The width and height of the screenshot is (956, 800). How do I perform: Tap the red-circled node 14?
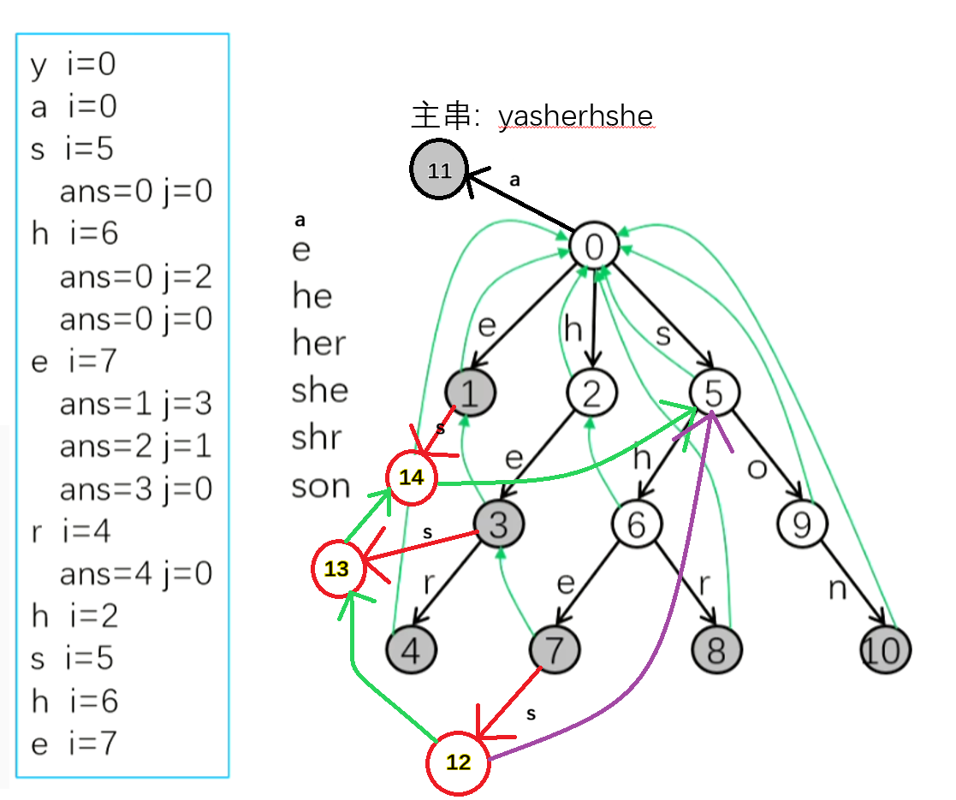pos(412,478)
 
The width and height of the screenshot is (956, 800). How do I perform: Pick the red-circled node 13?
pos(337,568)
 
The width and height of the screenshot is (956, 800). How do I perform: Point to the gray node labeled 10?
pos(885,650)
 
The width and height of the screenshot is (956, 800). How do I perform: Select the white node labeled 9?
pos(801,524)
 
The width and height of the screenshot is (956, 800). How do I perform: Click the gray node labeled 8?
pos(716,650)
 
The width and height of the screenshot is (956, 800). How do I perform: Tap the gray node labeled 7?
pos(555,650)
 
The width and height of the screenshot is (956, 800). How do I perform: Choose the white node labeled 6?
pos(636,524)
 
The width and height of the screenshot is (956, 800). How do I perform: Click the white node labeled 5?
pos(715,392)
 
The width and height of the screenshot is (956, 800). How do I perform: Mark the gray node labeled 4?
pos(412,650)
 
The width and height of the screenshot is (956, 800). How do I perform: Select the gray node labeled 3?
pos(498,524)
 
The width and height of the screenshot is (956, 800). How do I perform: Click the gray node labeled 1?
pos(470,392)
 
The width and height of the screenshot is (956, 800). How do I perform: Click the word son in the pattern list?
pos(321,486)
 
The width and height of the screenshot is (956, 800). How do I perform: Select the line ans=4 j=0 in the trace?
pos(135,573)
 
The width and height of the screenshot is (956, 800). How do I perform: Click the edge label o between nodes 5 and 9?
pos(757,470)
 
